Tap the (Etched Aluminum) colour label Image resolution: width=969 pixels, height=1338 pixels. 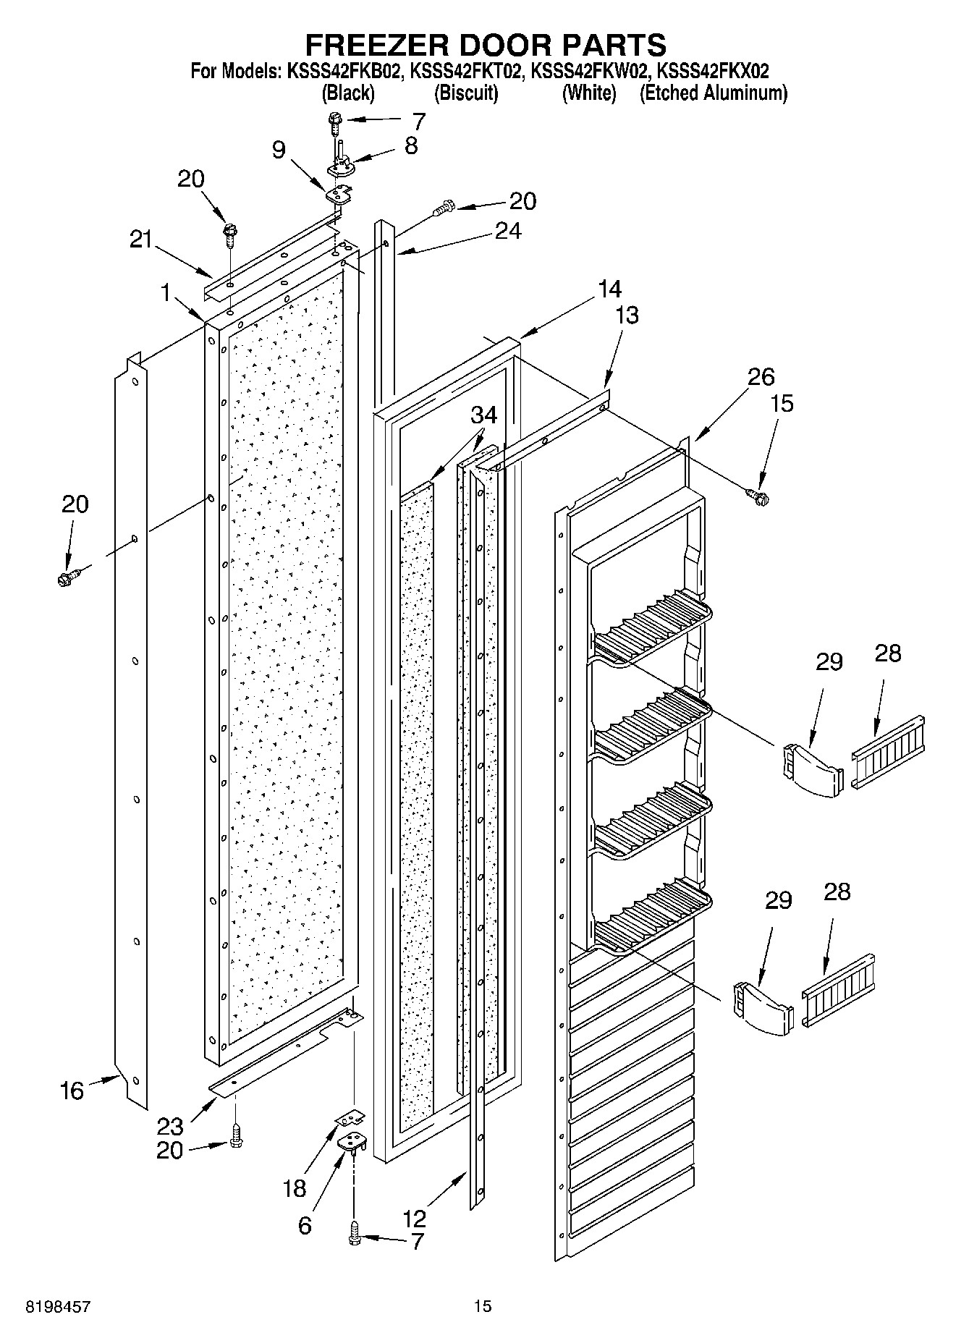coord(713,93)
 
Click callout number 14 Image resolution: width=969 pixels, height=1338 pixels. coord(609,289)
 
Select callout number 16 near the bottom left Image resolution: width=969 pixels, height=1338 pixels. coord(72,1091)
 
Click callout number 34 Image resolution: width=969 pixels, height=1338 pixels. coord(484,415)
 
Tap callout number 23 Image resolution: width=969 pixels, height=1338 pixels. coord(170,1126)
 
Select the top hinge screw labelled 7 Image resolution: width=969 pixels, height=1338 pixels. coord(336,120)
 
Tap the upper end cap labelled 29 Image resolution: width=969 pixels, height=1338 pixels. coord(812,768)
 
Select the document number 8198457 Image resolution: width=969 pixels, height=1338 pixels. coord(58,1306)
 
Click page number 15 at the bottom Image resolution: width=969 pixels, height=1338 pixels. coord(483,1306)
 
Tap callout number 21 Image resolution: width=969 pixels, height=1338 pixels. coord(141,239)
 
